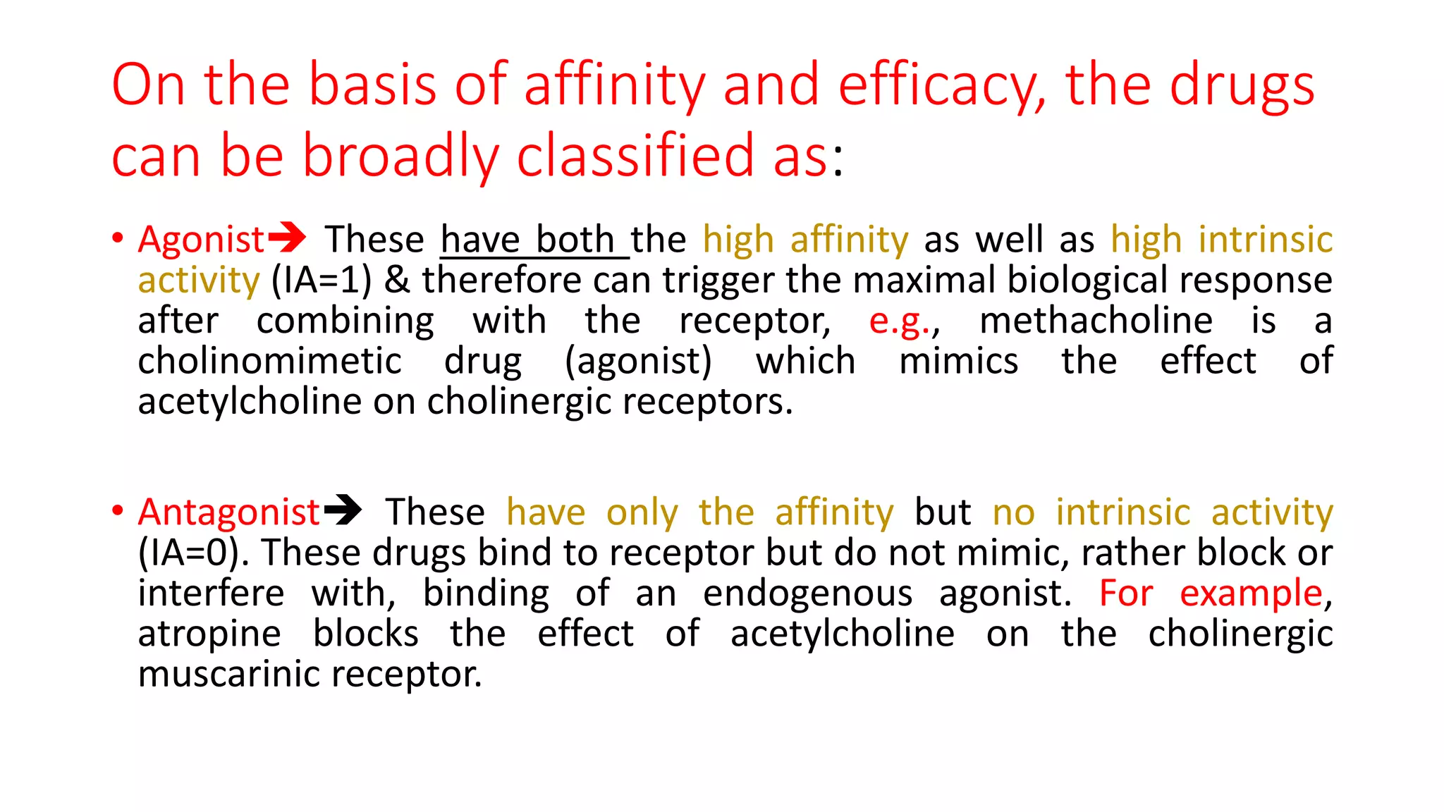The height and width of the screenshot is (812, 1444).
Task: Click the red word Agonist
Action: click(201, 240)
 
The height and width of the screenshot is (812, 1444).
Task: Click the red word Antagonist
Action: click(229, 512)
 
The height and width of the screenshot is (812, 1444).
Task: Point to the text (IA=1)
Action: click(322, 281)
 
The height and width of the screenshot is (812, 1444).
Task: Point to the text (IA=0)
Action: click(193, 553)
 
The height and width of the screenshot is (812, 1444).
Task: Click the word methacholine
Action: click(1096, 321)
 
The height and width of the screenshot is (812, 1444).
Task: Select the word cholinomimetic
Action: click(269, 362)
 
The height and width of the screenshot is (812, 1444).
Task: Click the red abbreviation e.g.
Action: click(900, 321)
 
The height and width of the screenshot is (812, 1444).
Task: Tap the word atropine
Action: click(209, 634)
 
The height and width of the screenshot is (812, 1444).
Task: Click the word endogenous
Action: click(807, 593)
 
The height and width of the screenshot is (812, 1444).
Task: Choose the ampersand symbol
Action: click(397, 281)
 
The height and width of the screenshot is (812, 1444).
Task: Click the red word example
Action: click(1251, 593)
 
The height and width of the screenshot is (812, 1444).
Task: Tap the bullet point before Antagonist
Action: click(118, 510)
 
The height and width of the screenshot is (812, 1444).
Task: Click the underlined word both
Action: click(575, 240)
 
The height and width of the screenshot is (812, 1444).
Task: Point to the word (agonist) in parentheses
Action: click(638, 362)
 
